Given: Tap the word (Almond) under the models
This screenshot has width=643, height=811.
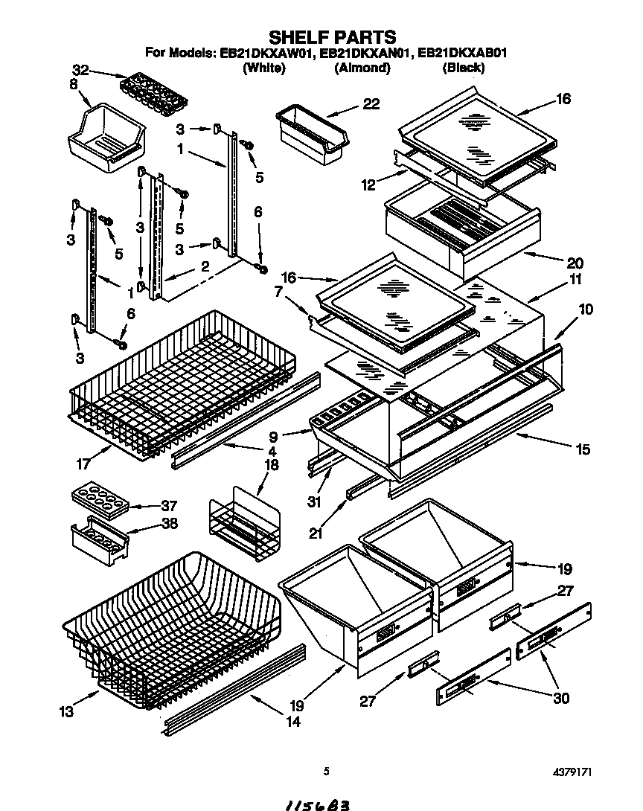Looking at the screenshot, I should click(362, 68).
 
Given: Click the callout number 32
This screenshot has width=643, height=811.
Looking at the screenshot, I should click(80, 71).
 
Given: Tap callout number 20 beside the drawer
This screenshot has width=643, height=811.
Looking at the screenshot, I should click(574, 263).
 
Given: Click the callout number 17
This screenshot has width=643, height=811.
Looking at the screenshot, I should click(83, 464).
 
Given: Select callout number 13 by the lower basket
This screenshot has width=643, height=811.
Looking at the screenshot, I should click(67, 711).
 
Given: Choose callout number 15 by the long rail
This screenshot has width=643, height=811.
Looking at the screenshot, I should click(583, 449).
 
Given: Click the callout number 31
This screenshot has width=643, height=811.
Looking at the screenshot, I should click(315, 501).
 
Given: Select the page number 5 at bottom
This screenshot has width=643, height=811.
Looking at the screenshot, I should click(326, 772).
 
